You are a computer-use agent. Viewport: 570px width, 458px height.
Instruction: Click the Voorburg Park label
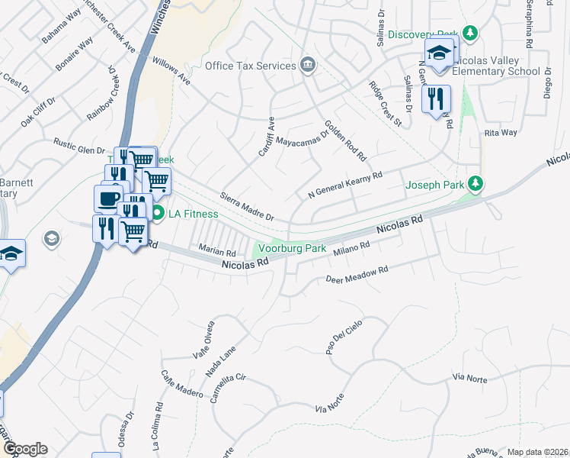(x=293, y=248)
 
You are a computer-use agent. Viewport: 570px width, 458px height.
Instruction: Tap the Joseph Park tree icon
(x=476, y=183)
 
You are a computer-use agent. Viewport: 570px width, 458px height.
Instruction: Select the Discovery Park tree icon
(x=471, y=34)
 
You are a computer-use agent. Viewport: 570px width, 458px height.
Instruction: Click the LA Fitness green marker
(x=158, y=213)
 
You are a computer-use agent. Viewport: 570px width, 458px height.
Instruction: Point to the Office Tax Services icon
(x=307, y=64)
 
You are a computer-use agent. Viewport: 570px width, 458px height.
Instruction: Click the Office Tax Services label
(x=250, y=66)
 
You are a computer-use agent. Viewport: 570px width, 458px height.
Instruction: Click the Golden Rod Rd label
(x=346, y=140)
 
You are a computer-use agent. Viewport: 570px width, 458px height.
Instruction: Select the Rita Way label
(x=501, y=133)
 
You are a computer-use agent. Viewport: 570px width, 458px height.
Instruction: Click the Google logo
(x=24, y=449)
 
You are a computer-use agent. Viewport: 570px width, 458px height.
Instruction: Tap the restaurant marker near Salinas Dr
(x=436, y=100)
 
